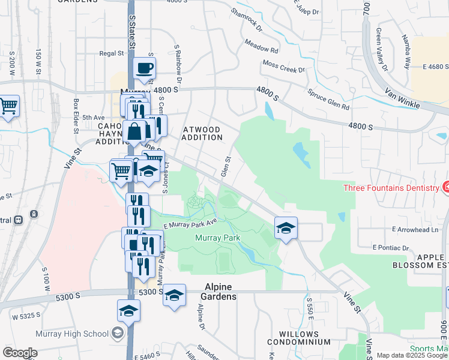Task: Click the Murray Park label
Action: (218, 238)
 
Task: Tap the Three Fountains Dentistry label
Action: (391, 188)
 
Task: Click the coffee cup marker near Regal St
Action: (144, 69)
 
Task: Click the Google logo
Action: (20, 353)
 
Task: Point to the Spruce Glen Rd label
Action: (328, 100)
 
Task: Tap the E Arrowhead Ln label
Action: (415, 230)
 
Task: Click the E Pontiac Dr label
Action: (390, 247)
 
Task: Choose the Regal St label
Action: (111, 53)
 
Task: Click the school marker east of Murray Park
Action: (286, 227)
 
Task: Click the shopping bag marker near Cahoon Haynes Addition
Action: (134, 131)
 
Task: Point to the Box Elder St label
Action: (76, 112)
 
